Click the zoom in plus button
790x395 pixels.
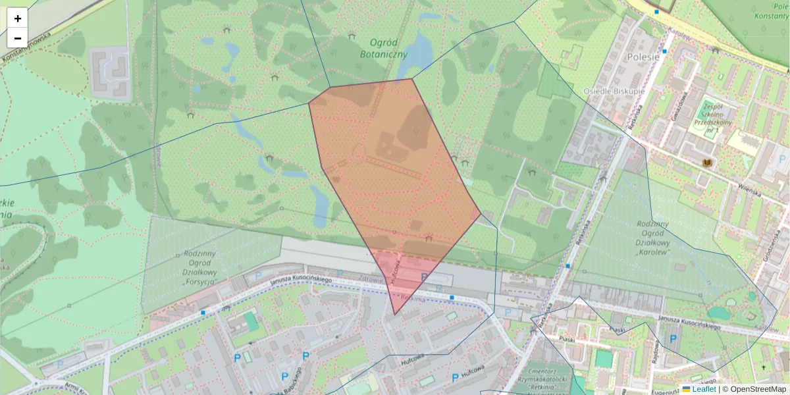(18, 18)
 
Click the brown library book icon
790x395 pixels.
(708, 163)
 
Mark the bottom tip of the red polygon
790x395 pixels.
(395, 314)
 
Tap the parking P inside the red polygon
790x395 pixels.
(424, 277)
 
